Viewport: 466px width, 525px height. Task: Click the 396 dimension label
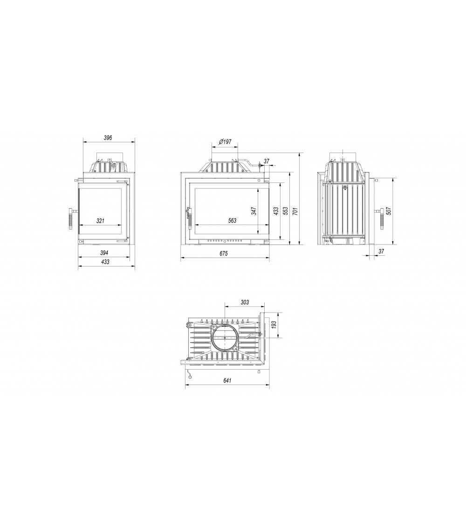(108, 138)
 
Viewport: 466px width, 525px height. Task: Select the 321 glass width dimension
(100, 221)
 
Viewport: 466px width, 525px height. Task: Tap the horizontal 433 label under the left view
(105, 262)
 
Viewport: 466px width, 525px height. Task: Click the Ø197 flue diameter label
(225, 142)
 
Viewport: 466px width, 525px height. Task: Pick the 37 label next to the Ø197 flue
(267, 161)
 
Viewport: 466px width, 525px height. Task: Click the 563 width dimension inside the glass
(232, 221)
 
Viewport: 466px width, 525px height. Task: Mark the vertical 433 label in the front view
(276, 210)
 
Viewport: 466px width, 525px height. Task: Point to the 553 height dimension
(285, 210)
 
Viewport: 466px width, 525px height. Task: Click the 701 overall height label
(295, 210)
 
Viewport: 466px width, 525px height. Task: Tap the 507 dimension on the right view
(389, 210)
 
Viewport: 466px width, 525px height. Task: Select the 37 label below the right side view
(381, 251)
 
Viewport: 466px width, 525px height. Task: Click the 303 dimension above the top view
(245, 302)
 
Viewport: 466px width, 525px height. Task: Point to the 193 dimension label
(274, 324)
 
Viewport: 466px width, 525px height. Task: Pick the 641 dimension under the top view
(227, 380)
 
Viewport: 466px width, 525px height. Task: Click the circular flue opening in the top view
(225, 336)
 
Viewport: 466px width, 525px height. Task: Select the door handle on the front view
(189, 218)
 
